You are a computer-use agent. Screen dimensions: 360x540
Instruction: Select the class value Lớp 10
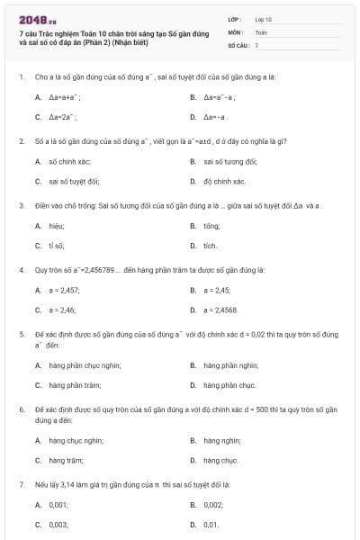(x=264, y=18)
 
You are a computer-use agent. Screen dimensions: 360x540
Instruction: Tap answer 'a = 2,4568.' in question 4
(x=220, y=310)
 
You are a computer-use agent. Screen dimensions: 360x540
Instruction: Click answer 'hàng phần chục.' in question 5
(x=229, y=385)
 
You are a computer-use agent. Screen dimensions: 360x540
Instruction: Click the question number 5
(x=21, y=334)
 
